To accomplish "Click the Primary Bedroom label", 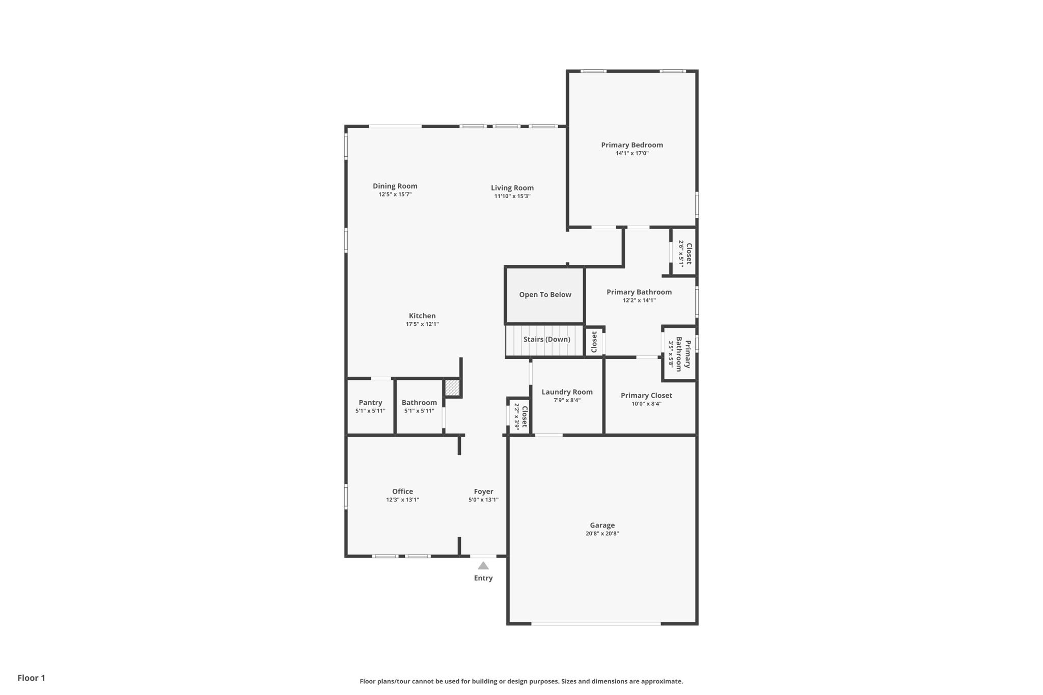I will click(632, 145).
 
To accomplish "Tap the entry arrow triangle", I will click(483, 566).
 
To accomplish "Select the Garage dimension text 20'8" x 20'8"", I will click(602, 534).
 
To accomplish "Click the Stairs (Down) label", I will click(546, 340).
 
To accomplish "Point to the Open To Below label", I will click(545, 295).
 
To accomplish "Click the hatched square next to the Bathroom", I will click(452, 388).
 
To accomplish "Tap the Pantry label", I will click(370, 403).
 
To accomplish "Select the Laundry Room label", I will click(567, 392).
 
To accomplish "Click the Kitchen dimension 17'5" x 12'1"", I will click(422, 324).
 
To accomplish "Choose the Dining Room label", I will click(395, 186).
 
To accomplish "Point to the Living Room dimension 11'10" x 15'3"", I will click(512, 196).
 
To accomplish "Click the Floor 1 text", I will click(31, 678).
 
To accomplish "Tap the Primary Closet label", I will click(646, 396).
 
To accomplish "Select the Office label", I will click(402, 491).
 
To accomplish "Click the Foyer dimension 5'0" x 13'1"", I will click(483, 500).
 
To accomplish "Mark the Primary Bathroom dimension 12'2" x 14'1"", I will click(639, 300).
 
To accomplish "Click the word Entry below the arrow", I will click(483, 578).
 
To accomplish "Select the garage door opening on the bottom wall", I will click(596, 623).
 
